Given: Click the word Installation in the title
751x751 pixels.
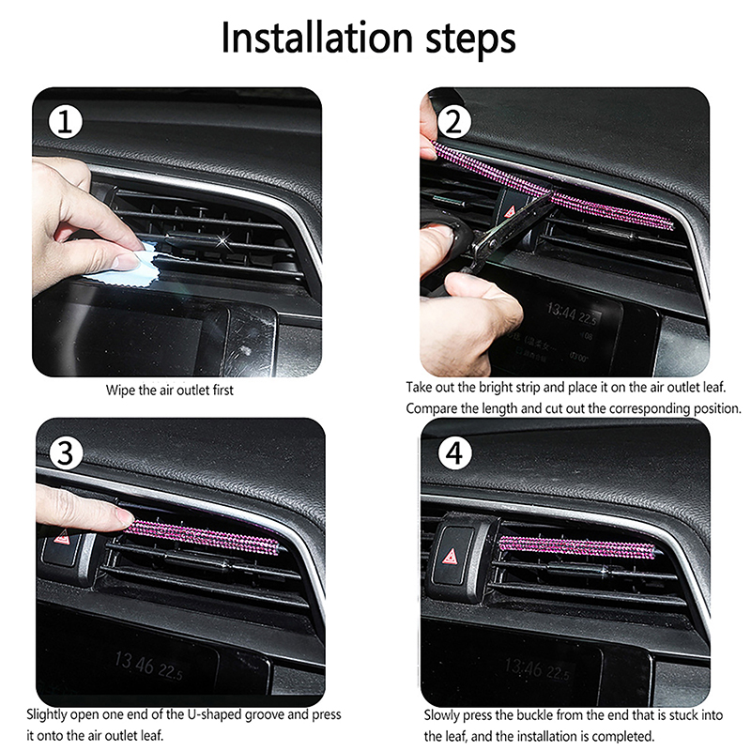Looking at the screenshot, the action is tap(316, 38).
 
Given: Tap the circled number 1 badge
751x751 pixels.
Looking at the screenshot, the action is tap(65, 122).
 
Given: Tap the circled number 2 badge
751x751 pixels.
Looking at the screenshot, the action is tap(453, 122).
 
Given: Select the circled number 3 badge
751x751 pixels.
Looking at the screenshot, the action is tap(66, 452).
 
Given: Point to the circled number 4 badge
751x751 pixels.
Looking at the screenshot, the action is tap(455, 452).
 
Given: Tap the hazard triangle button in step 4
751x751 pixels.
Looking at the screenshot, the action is tap(451, 556).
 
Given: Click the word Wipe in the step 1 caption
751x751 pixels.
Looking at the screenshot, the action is tap(121, 390).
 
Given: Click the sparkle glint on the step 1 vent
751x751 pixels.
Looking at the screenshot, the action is tap(222, 242).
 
